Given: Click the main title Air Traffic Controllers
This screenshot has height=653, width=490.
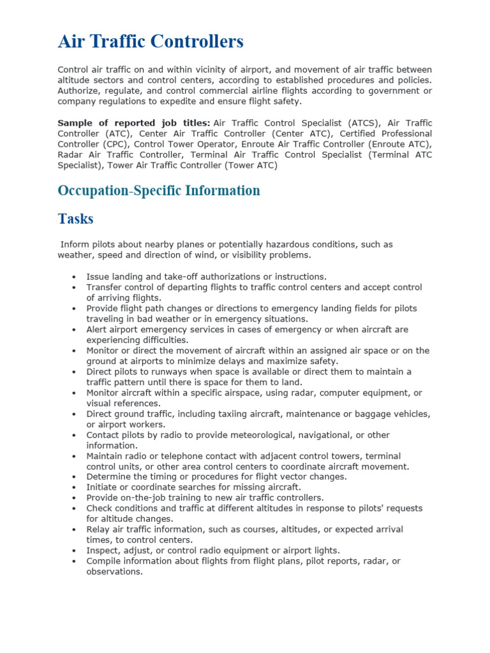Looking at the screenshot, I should click(151, 42).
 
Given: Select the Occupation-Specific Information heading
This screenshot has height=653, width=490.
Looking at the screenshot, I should click(159, 191).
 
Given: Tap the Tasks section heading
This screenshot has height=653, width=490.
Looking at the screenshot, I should click(75, 219).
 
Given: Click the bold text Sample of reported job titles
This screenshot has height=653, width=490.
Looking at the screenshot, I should click(133, 122).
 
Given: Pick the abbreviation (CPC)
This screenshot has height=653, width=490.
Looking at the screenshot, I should click(112, 144).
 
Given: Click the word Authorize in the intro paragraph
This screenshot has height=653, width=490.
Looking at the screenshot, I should click(80, 91).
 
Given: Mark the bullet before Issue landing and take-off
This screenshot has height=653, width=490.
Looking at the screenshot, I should click(75, 277).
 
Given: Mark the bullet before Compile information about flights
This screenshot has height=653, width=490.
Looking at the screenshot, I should click(75, 561).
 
